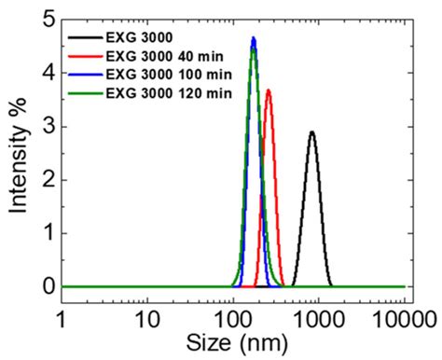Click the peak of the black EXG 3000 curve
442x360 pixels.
click(x=311, y=132)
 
